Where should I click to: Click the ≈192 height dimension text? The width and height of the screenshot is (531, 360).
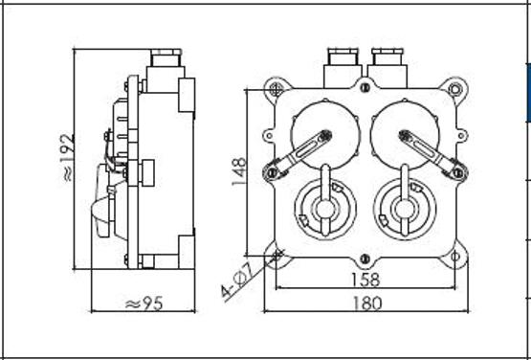[69, 158]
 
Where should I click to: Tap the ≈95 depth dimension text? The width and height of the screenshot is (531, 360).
[144, 304]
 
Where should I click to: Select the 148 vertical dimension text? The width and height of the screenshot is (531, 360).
[239, 171]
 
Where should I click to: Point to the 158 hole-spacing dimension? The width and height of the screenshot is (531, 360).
[365, 280]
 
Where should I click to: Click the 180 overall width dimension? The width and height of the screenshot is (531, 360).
[367, 304]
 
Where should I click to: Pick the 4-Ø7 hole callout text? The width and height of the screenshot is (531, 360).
[238, 281]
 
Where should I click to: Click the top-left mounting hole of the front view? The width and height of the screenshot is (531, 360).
[276, 89]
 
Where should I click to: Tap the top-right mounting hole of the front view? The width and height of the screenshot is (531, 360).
[454, 89]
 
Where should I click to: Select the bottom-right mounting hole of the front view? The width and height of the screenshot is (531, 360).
[455, 256]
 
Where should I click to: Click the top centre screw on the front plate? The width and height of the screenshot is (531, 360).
[365, 88]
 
